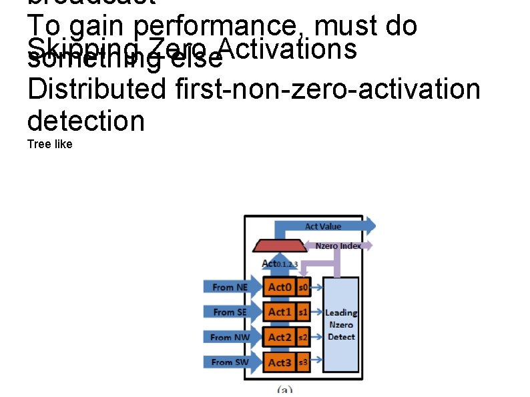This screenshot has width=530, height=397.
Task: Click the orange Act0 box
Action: pos(279,287)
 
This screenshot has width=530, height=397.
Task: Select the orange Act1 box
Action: pos(279,312)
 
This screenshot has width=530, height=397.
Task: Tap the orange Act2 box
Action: pos(279,337)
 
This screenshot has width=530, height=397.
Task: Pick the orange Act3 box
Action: pos(279,362)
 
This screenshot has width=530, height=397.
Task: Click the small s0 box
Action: pos(302,287)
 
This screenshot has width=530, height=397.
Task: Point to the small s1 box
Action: pos(302,312)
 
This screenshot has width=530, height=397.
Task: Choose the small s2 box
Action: pos(302,337)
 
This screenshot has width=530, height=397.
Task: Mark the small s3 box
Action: pos(302,362)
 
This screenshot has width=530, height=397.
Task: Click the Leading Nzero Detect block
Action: pos(341,325)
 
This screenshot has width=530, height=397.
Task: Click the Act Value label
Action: pos(323,227)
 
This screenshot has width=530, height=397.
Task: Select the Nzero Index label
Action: pos(338,246)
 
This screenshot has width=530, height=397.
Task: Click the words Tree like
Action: pos(50,144)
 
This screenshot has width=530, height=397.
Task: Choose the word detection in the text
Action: pos(86,121)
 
